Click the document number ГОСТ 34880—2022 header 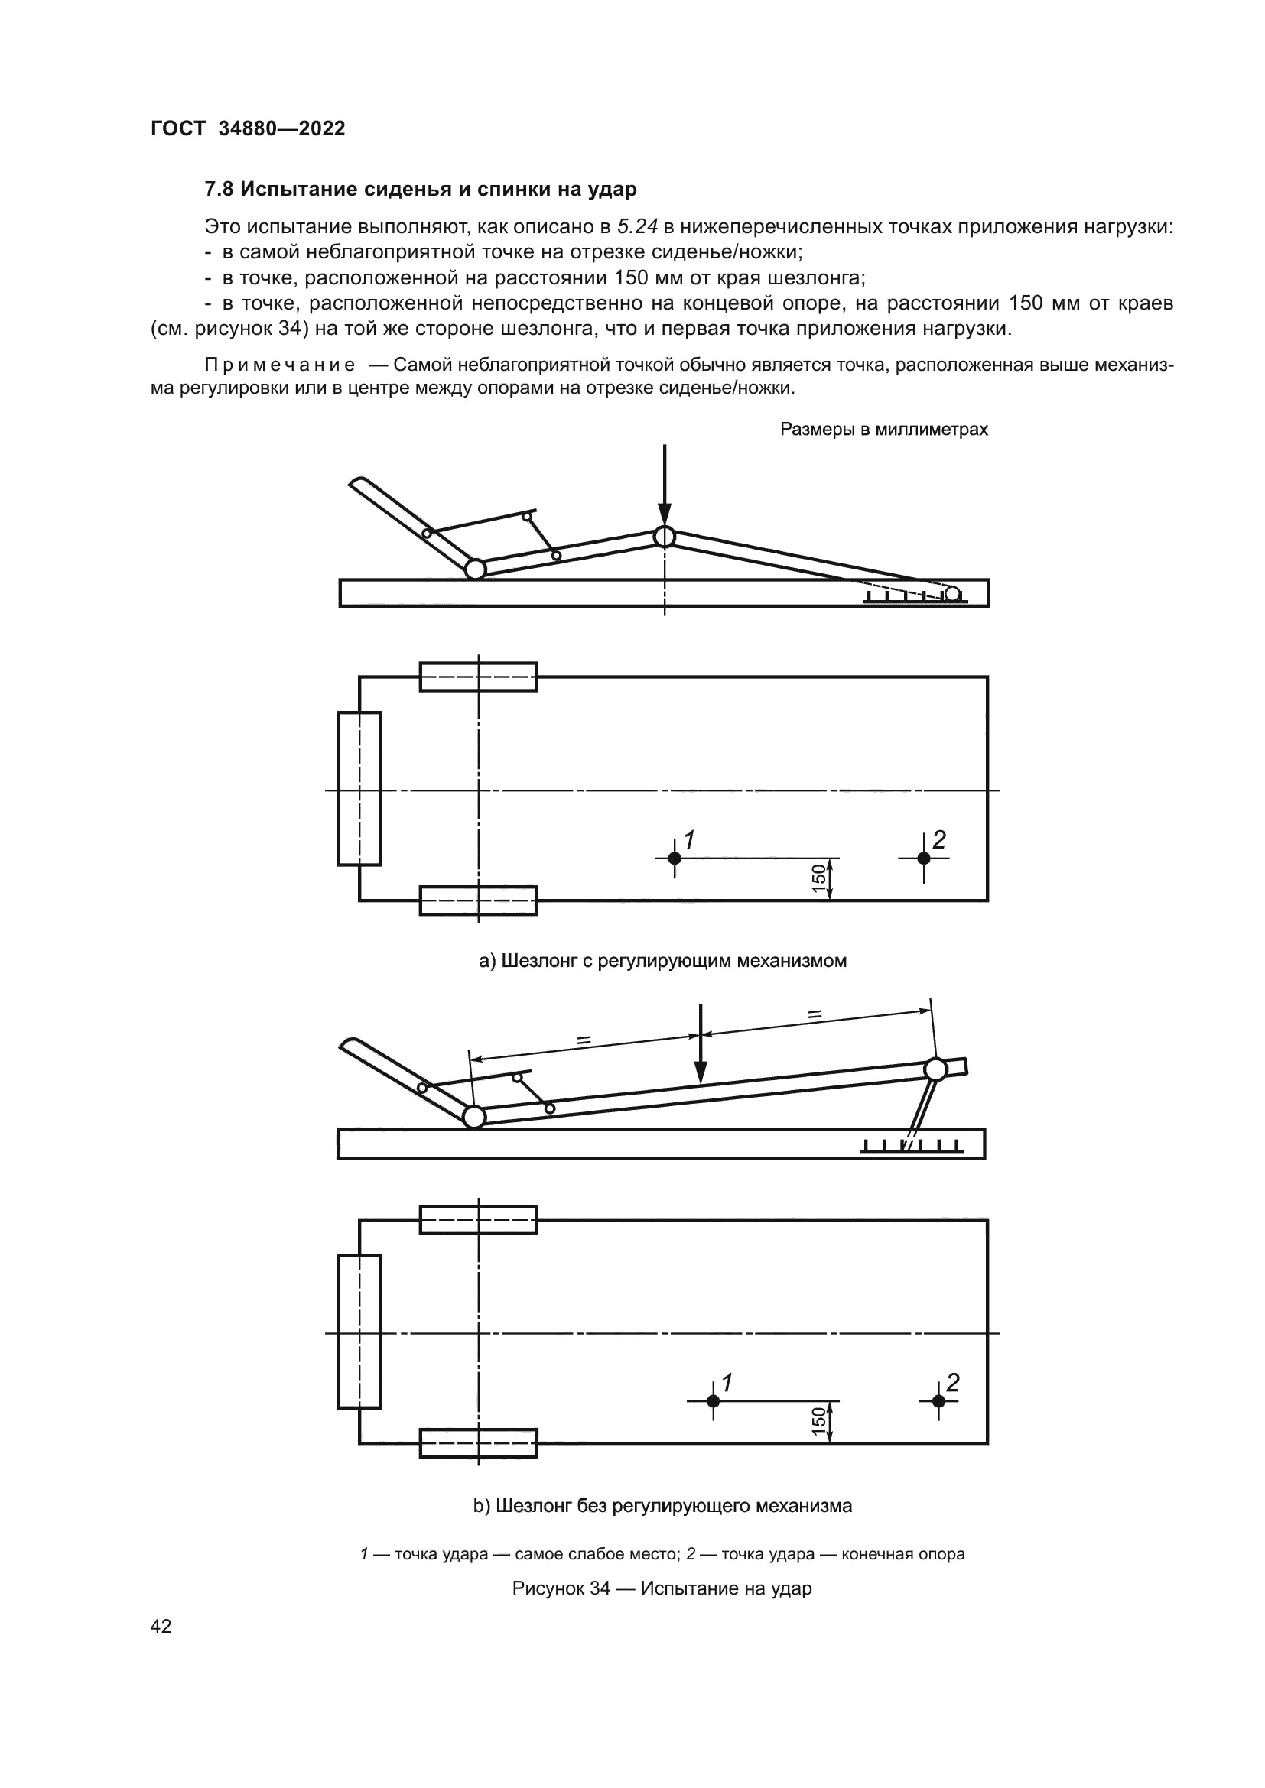[248, 128]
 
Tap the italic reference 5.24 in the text [637, 226]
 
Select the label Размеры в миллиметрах [883, 429]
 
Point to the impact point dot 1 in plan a [675, 858]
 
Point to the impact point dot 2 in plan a [924, 858]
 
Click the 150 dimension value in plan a [818, 878]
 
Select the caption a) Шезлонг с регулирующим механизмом [662, 961]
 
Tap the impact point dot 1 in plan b [713, 1401]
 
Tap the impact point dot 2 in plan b [938, 1401]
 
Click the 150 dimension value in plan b [818, 1421]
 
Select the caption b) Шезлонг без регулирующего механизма [662, 1506]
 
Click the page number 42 [161, 1626]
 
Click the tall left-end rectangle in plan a [360, 788]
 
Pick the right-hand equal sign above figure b [815, 1014]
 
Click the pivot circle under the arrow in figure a [665, 537]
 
